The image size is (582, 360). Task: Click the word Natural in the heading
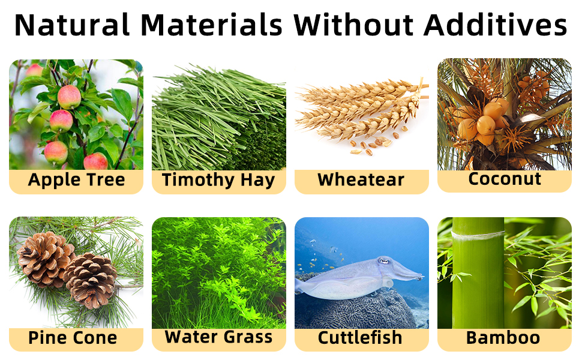click(x=72, y=25)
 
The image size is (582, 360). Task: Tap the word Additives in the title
click(x=496, y=25)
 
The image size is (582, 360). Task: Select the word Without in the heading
click(x=354, y=25)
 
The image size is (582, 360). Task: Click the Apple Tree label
click(x=76, y=180)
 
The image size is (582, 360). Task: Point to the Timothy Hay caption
click(x=218, y=180)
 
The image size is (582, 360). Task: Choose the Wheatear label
click(x=361, y=179)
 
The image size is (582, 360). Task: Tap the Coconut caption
click(x=505, y=179)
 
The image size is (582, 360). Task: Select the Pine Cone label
click(x=73, y=338)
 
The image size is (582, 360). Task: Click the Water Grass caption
click(x=218, y=337)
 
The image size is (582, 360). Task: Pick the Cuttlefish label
click(x=360, y=338)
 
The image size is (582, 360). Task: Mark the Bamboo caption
click(x=503, y=338)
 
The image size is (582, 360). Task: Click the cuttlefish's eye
click(x=383, y=261)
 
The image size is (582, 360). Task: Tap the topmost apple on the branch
click(x=69, y=97)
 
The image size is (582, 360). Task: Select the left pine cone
click(x=44, y=259)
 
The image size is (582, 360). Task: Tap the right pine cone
click(x=91, y=280)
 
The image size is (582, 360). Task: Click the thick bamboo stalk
click(x=478, y=273)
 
